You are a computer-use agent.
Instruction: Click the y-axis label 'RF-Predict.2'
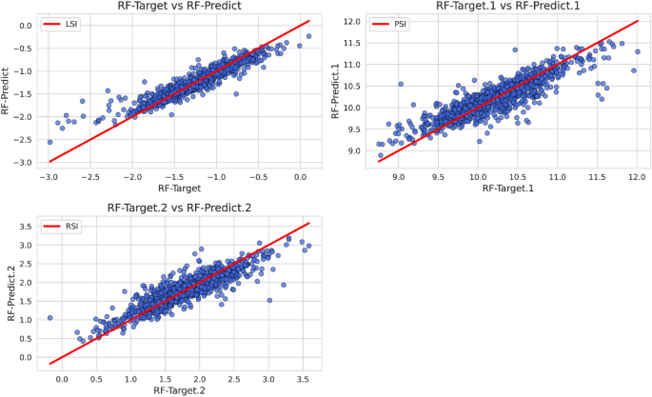(11, 296)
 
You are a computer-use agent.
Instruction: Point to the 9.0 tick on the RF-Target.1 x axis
(399, 176)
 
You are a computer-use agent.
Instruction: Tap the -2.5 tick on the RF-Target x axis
(90, 176)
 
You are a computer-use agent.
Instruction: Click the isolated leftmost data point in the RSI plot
(49, 318)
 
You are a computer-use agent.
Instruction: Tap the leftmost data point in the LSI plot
(49, 142)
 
